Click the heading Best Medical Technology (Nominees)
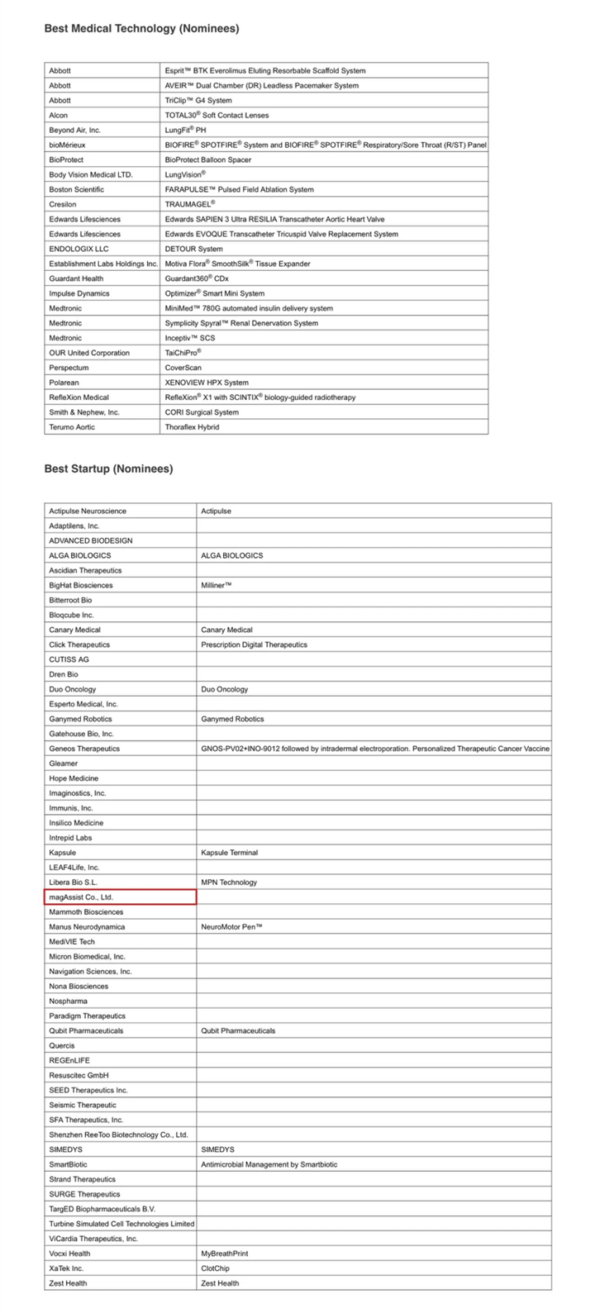pyautogui.click(x=141, y=28)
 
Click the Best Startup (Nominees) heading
pyautogui.click(x=108, y=469)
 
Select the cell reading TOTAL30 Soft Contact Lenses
pyautogui.click(x=217, y=115)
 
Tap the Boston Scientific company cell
pyautogui.click(x=78, y=189)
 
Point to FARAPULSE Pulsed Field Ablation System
pyautogui.click(x=239, y=189)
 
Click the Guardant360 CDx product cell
pyautogui.click(x=196, y=278)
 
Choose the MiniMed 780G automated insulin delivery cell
pyautogui.click(x=249, y=308)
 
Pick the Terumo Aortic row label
pyautogui.click(x=72, y=427)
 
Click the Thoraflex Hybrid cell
pyautogui.click(x=192, y=427)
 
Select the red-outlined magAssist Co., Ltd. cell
pyautogui.click(x=120, y=897)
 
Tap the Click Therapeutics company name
pyautogui.click(x=79, y=645)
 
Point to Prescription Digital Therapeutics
pyautogui.click(x=254, y=645)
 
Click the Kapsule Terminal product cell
pyautogui.click(x=229, y=852)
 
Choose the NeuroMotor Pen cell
pyautogui.click(x=231, y=926)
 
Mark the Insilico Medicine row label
pyautogui.click(x=76, y=822)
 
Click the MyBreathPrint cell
pyautogui.click(x=224, y=1254)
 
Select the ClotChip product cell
pyautogui.click(x=215, y=1268)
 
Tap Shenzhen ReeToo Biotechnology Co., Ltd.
pyautogui.click(x=118, y=1135)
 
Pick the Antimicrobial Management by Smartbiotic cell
pyautogui.click(x=269, y=1164)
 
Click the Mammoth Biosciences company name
pyautogui.click(x=86, y=911)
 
